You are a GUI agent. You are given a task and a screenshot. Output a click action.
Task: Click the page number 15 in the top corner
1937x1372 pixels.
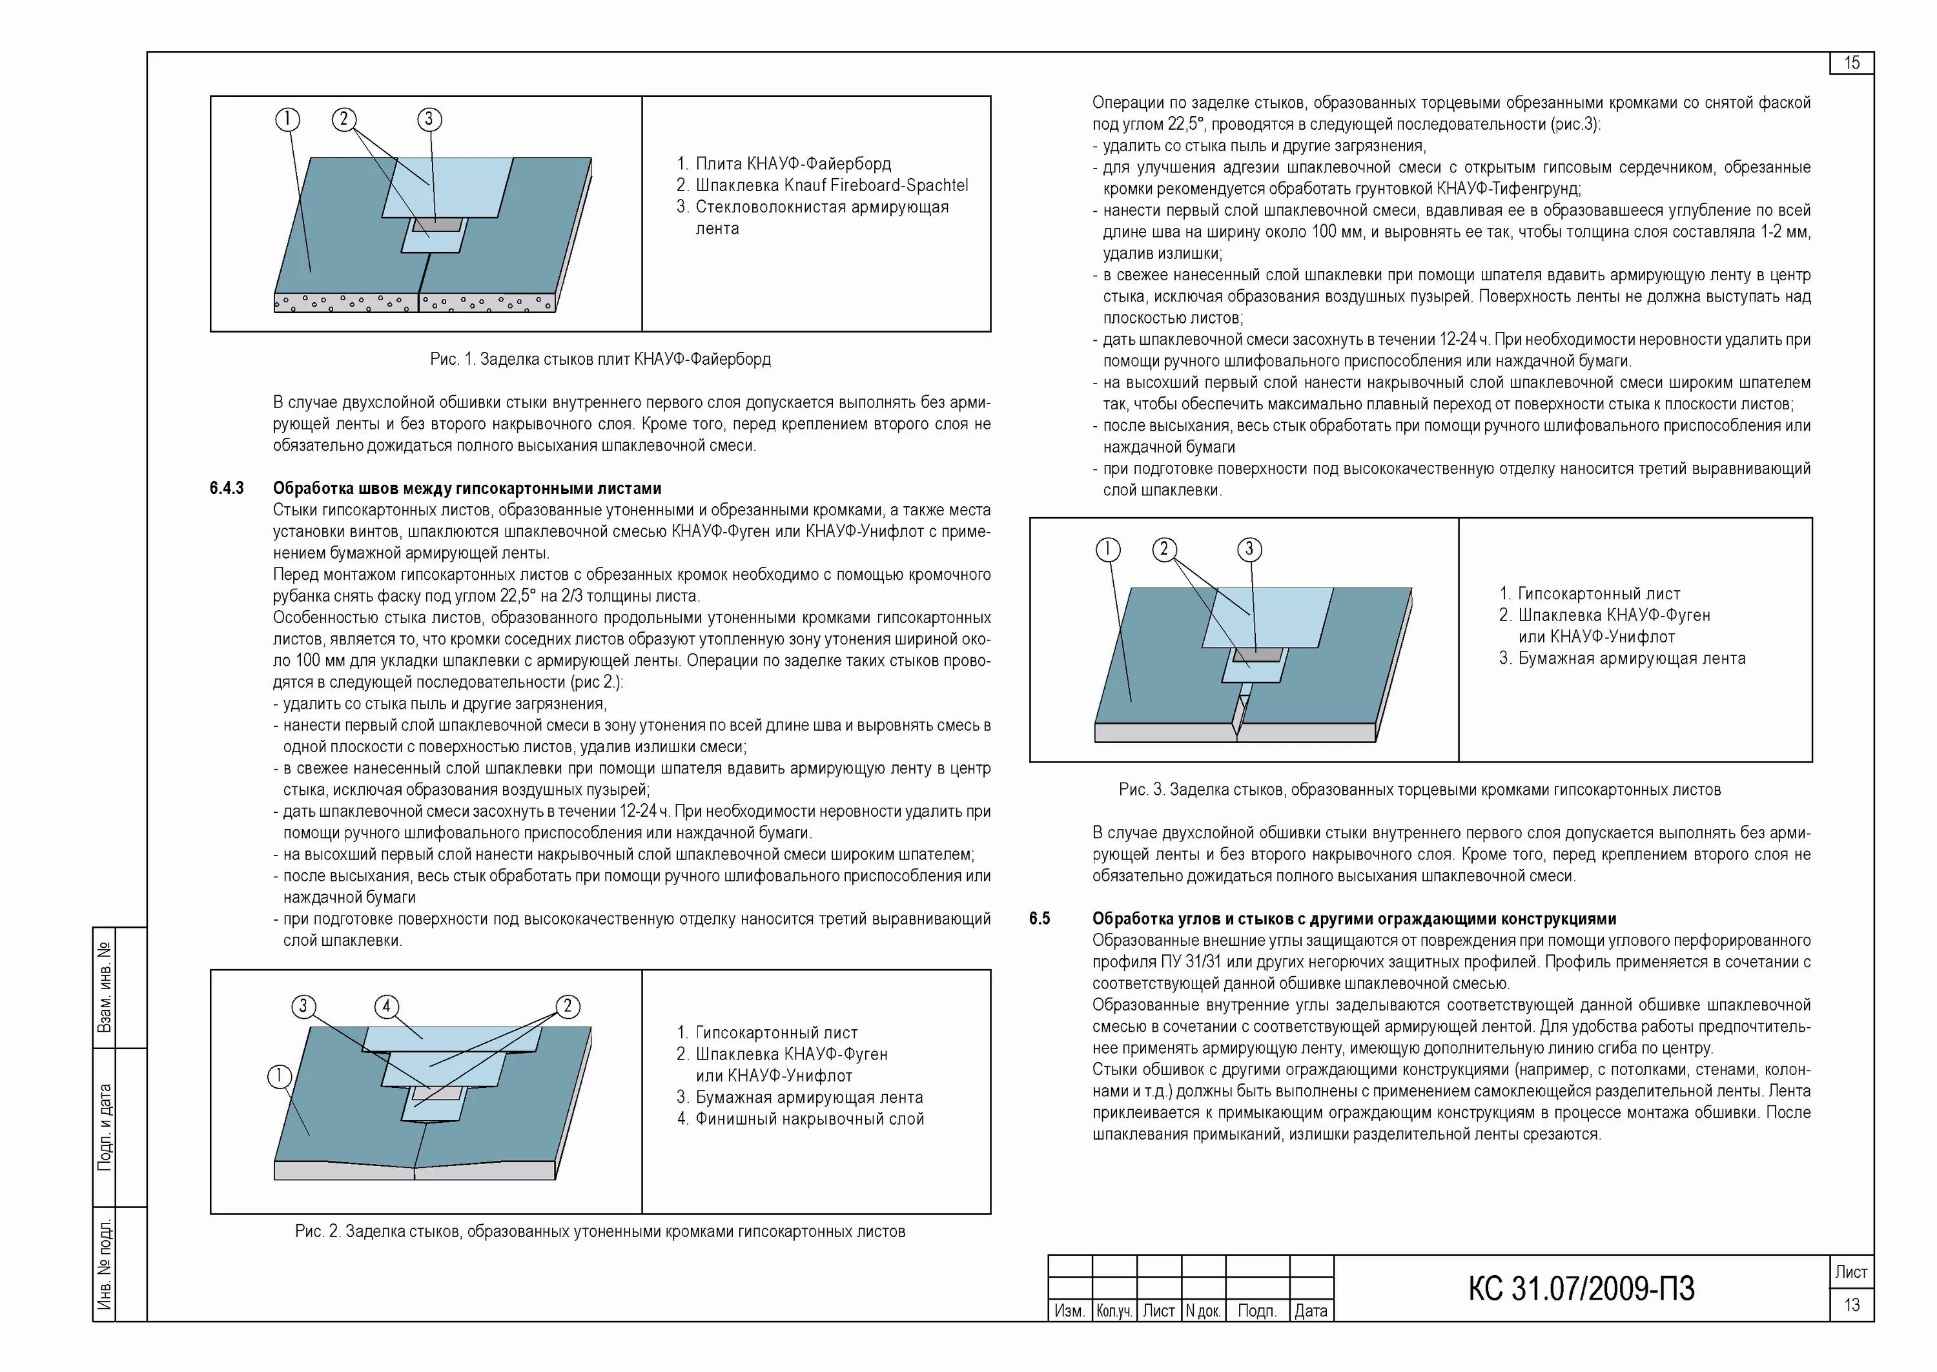coord(1851,63)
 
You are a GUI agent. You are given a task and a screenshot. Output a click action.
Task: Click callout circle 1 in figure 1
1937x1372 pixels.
coord(287,119)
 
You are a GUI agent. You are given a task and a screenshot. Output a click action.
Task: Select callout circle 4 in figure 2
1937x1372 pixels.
coord(386,1006)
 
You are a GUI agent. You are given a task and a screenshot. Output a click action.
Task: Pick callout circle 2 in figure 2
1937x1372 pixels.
coord(567,1006)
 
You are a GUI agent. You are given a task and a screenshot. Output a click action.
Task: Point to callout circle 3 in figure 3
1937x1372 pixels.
coord(1249,550)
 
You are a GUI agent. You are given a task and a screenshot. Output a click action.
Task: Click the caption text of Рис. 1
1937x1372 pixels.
coord(600,359)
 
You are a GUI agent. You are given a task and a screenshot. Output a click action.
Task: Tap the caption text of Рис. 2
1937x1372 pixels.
coord(600,1232)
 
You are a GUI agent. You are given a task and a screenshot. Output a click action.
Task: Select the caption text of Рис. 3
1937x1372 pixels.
coord(1419,790)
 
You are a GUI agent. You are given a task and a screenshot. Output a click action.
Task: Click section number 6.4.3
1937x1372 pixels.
coord(227,488)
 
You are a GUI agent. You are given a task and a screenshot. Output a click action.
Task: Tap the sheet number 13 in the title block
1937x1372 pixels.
coord(1851,1305)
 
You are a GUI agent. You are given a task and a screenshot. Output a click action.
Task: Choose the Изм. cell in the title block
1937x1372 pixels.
coord(1069,1311)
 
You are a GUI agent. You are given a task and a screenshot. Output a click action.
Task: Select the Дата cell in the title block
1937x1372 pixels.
coord(1311,1311)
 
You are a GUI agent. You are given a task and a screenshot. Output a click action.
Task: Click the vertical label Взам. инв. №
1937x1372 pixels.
coord(104,988)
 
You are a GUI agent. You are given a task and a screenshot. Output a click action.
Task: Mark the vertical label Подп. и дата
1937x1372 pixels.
coord(104,1127)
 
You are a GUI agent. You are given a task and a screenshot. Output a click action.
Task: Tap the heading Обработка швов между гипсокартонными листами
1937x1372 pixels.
coord(467,488)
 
